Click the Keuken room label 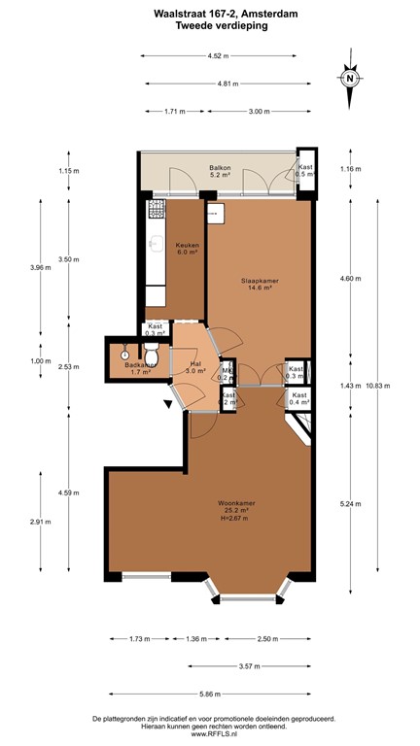[187, 246]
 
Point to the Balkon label [220, 170]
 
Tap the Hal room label [194, 364]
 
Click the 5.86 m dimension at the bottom [211, 694]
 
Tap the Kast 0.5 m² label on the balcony [305, 171]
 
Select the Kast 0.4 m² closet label [299, 398]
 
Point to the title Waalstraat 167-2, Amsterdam [211, 14]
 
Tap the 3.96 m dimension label [39, 267]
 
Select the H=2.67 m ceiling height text [236, 518]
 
